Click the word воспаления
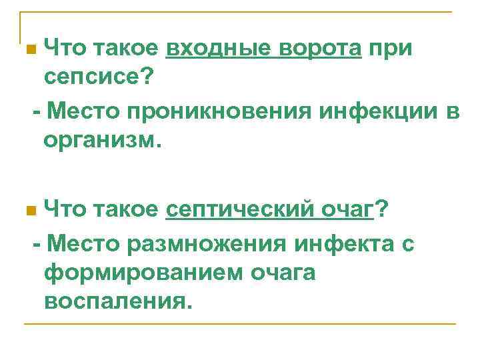pos(117,303)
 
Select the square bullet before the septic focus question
pos(29,213)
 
